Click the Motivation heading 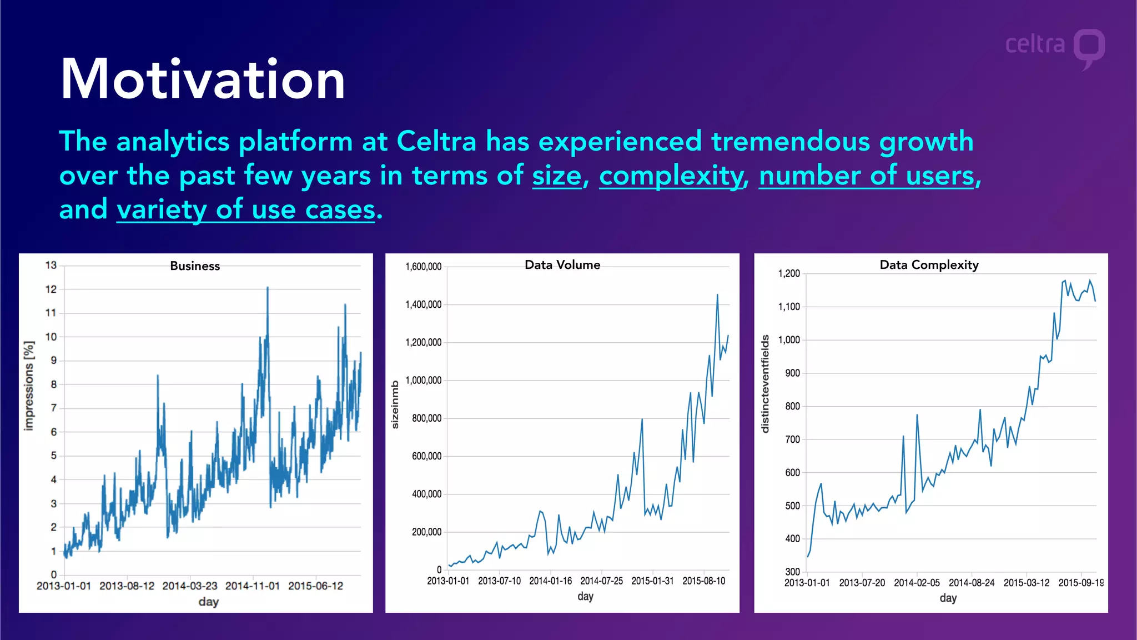(x=203, y=79)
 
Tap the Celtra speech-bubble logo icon (x=1089, y=48)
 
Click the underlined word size (x=557, y=176)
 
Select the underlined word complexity (x=671, y=176)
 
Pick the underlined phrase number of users (x=867, y=176)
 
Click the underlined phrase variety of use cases (x=246, y=210)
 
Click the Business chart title (x=195, y=266)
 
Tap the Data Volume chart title (x=562, y=265)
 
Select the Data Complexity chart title (x=929, y=265)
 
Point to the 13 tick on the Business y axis (x=51, y=266)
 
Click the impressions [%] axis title (x=29, y=386)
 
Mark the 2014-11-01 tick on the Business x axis (x=253, y=586)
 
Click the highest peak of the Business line (x=268, y=288)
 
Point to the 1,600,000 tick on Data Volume (x=424, y=267)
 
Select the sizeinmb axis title (x=395, y=404)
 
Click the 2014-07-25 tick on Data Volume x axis (x=601, y=581)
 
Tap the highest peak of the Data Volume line (x=717, y=295)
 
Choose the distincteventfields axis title (x=766, y=384)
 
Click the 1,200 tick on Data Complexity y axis (x=789, y=273)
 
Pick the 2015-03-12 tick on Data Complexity (x=1027, y=583)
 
